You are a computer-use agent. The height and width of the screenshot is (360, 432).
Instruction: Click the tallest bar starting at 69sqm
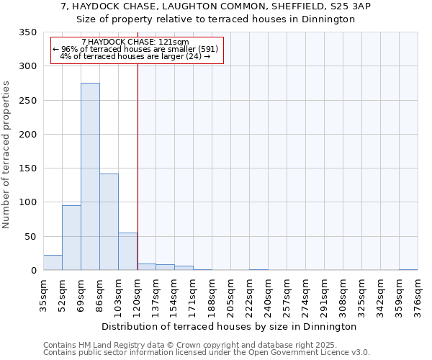point(90,176)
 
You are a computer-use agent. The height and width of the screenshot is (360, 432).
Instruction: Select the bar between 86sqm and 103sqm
point(109,222)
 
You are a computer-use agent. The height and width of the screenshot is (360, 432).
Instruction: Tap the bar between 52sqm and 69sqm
point(71,238)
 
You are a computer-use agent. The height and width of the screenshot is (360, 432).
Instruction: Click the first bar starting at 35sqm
point(53,263)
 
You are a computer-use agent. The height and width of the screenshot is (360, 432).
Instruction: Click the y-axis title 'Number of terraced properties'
point(6,154)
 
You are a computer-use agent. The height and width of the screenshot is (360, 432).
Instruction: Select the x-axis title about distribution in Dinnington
point(229,326)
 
